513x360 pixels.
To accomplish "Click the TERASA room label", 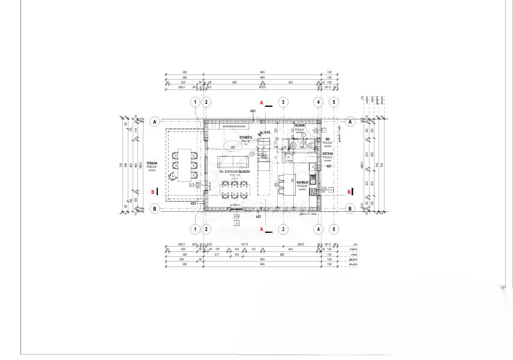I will (x=151, y=163).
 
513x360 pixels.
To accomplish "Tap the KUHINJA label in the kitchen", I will (x=302, y=181).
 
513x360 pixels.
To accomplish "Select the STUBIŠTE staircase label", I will (x=245, y=137).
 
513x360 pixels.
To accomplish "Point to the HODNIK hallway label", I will (x=299, y=125).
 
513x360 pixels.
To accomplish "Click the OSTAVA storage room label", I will (x=328, y=154).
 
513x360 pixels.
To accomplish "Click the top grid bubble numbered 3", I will (x=283, y=102).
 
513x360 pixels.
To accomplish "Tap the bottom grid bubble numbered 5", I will (x=334, y=229).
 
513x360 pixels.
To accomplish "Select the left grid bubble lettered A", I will (x=155, y=121).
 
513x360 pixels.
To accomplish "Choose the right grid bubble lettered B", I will (x=350, y=208).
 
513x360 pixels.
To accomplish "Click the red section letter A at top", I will (x=262, y=103).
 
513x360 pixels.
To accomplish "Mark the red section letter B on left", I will (x=154, y=192).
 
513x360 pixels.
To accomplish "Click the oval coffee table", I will (x=232, y=146).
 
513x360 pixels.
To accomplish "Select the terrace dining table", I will (x=184, y=163).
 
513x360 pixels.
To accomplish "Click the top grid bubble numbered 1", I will (x=196, y=102).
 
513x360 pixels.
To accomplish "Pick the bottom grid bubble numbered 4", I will (x=319, y=229).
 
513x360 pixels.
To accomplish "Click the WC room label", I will (x=328, y=139).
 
